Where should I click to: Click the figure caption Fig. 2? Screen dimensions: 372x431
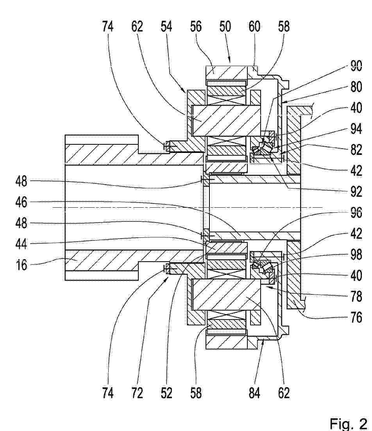pos(348,423)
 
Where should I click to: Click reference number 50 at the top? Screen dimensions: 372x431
pos(225,27)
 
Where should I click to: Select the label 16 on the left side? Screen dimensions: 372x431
pos(21,265)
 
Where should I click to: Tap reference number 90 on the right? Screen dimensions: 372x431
pos(356,66)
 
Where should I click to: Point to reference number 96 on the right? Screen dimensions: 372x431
pos(356,213)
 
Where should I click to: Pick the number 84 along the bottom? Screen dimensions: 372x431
pos(254,393)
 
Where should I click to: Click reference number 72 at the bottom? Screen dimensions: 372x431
pos(137,393)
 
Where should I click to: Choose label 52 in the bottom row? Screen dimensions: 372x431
pos(166,393)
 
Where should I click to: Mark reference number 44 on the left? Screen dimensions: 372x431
pos(21,244)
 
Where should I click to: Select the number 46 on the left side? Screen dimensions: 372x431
pos(21,202)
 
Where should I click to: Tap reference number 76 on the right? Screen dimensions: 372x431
pos(356,318)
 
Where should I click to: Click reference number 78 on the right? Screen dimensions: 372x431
pos(356,296)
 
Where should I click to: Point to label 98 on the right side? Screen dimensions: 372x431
pos(356,255)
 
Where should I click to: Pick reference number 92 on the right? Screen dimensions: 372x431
pos(356,192)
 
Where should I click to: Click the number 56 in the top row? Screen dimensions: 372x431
pos(196,27)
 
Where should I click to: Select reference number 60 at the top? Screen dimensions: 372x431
pos(254,27)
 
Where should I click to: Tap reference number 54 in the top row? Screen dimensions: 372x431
pos(166,27)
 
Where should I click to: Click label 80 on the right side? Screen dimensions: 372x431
pos(356,87)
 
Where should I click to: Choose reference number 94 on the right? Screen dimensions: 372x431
pos(356,129)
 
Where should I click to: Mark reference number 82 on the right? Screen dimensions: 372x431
pos(356,150)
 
